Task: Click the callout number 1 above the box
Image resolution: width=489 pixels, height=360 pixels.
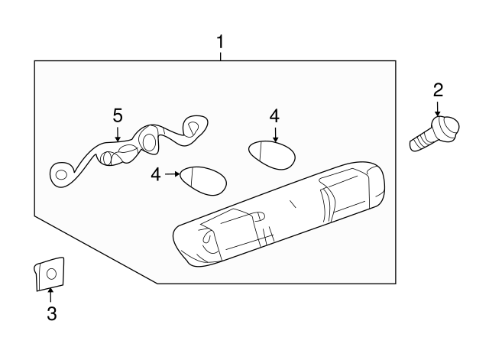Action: (221, 42)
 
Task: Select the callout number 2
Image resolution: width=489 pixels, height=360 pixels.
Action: (438, 90)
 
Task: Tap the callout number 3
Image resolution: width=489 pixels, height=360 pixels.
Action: (52, 313)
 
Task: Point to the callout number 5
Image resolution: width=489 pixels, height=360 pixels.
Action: (118, 115)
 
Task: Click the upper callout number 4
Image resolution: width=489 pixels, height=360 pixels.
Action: (275, 116)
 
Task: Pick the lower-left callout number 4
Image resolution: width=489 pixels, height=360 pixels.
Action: (156, 174)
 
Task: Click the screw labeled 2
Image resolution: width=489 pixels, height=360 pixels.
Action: (434, 134)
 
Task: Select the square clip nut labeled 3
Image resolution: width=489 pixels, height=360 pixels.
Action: (49, 274)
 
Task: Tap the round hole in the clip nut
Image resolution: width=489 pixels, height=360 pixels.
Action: (51, 274)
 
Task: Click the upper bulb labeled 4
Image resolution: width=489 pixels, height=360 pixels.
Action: (272, 155)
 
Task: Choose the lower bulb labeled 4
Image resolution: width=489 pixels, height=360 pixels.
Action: (203, 181)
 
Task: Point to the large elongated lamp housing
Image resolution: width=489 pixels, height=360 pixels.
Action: (278, 214)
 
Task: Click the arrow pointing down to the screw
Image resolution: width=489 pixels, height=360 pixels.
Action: (438, 109)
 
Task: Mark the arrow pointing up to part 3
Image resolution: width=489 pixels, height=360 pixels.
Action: (50, 295)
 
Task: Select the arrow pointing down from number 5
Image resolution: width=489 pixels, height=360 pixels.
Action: (118, 134)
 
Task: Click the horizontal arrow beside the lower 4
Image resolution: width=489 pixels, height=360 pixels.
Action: (173, 174)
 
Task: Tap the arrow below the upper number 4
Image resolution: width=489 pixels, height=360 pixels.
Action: (275, 135)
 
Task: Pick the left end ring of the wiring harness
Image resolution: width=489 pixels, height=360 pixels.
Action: (61, 175)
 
